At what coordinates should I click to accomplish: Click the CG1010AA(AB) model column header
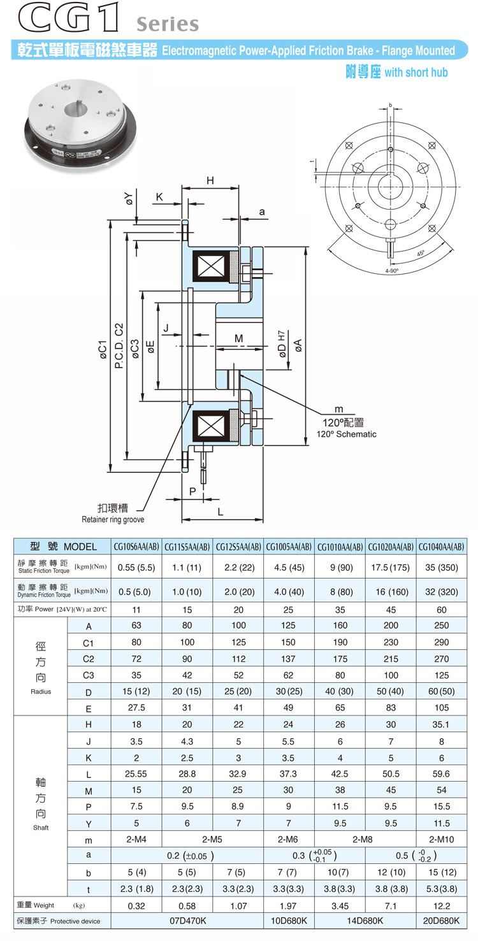[340, 547]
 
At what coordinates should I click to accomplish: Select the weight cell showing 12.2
[441, 906]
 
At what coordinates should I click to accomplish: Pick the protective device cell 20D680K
[441, 920]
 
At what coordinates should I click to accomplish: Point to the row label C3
[89, 675]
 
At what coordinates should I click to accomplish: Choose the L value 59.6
[441, 774]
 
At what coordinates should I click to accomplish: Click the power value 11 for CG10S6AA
[136, 608]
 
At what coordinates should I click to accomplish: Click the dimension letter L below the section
[220, 512]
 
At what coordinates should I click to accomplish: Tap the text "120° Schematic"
[347, 434]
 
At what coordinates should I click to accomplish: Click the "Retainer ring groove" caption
[113, 520]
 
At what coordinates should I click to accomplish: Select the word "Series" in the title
[168, 24]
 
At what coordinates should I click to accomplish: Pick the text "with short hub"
[416, 72]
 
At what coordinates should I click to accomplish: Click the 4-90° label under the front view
[391, 271]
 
